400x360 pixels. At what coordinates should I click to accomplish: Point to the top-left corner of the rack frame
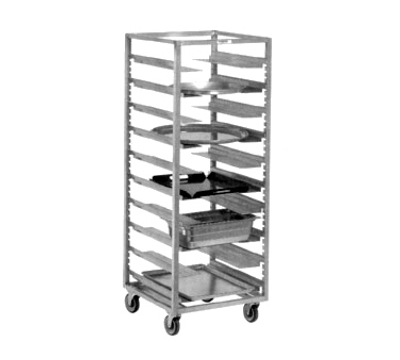[x=126, y=32]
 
